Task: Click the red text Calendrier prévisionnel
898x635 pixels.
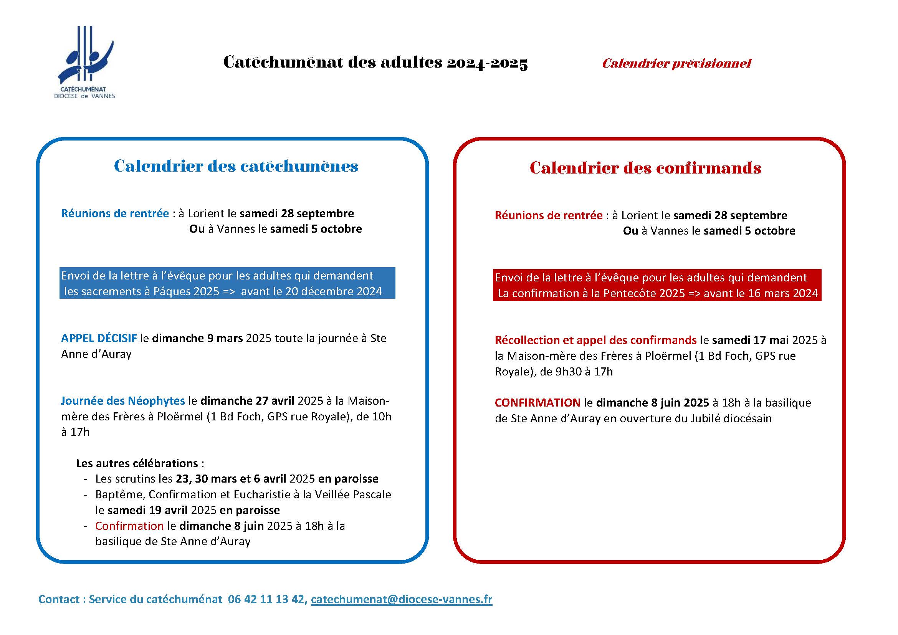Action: [x=676, y=63]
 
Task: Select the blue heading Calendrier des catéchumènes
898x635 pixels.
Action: [x=236, y=166]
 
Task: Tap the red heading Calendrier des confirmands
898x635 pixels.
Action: [x=645, y=168]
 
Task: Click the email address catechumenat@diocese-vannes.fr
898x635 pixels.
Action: [x=401, y=599]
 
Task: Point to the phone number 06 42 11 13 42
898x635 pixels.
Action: [x=267, y=599]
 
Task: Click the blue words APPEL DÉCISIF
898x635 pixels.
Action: [x=99, y=338]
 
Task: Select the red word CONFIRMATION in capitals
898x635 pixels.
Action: [x=537, y=403]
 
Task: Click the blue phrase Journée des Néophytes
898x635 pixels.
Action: [x=123, y=401]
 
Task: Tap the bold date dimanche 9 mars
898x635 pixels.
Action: [x=197, y=338]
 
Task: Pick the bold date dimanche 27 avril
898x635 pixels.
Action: [x=247, y=401]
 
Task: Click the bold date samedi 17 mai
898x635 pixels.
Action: [x=750, y=340]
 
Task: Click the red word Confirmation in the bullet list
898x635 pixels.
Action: [x=129, y=526]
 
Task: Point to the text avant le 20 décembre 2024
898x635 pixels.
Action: [x=311, y=292]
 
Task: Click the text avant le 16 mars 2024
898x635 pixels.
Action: [x=761, y=294]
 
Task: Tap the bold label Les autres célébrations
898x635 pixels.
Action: [x=137, y=463]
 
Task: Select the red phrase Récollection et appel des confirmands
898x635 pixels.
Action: [x=595, y=340]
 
